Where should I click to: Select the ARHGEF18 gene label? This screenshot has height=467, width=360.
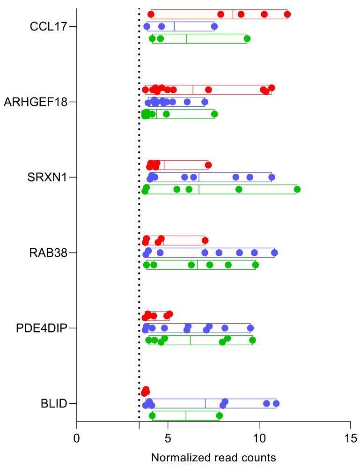pos(36,102)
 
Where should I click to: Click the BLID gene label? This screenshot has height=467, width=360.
pos(52,403)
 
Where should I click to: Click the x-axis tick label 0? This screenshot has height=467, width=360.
pos(77,438)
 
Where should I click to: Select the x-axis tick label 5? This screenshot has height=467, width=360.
pos(168,438)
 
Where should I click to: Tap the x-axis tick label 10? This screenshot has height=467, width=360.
pos(259,438)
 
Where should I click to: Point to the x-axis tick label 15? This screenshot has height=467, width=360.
pos(350,438)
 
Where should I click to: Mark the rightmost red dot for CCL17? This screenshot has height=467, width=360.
pos(287,14)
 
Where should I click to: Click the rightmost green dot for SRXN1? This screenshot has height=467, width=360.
pos(297,189)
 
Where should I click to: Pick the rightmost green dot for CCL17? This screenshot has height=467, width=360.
pos(247,38)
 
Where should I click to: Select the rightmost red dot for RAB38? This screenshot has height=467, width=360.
pos(205,241)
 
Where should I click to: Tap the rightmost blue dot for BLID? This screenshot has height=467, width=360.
pos(276,403)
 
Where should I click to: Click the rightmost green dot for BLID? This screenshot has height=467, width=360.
pos(219,415)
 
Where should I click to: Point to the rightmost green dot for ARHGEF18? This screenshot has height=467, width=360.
pos(214,114)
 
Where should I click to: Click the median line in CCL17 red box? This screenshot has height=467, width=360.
pos(233,14)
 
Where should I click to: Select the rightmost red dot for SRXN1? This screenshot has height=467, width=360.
pos(208,165)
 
